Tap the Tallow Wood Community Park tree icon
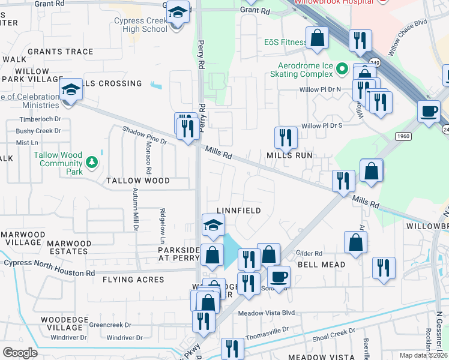[x=91, y=161]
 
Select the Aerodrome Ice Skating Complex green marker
[x=342, y=69]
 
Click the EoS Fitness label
[x=285, y=43]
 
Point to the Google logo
[x=19, y=352]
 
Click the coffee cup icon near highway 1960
[x=429, y=112]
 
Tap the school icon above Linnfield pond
[x=213, y=225]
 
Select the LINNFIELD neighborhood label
[x=238, y=211]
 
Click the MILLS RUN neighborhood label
[x=290, y=155]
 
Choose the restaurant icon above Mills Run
[x=285, y=137]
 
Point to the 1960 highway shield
[x=402, y=136]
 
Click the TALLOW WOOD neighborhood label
[x=137, y=180]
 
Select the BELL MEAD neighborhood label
[x=322, y=264]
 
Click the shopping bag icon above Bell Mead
[x=355, y=242]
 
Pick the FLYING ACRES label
[x=133, y=280]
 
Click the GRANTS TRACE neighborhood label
[x=60, y=52]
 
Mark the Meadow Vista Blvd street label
[x=267, y=313]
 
